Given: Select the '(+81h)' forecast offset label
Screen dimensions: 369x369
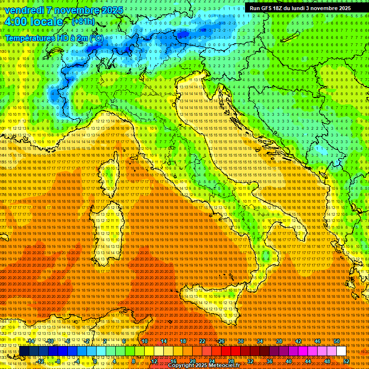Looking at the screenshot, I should pos(83,22).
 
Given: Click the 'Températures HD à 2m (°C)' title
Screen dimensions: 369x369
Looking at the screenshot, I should pos(54,37).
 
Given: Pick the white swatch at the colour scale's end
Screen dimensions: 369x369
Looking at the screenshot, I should pos(341,351).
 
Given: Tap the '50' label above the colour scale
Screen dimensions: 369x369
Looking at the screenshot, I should pos(336,341).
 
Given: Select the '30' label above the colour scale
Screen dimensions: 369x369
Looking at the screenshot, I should pos(240,341).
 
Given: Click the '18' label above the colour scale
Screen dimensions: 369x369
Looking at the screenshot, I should pos(183,341).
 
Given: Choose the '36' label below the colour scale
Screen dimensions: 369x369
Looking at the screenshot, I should pos(270,361).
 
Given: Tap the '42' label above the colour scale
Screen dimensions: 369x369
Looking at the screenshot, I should pos(298,341).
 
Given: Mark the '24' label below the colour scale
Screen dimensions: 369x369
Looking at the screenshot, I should pos(212,361).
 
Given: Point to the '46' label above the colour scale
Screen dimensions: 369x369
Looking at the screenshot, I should pos(317,341).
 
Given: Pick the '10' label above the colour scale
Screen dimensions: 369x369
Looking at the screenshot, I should pos(144,341).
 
